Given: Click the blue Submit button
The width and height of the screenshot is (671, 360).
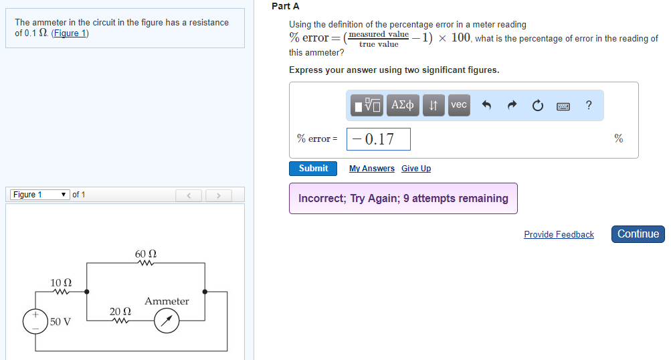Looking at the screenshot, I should tap(313, 169).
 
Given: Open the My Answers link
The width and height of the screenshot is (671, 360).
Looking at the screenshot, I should tap(371, 169).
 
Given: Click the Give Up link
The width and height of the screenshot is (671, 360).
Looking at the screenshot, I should tap(416, 169).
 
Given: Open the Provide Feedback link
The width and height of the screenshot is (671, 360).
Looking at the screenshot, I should tap(559, 234).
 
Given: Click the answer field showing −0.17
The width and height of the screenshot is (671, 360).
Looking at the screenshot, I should tap(379, 139).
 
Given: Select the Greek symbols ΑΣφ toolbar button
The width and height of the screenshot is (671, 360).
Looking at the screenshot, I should tap(402, 105).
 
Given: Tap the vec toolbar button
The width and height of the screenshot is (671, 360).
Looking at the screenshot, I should tap(458, 105).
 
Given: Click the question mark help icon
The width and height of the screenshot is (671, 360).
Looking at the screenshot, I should tap(588, 105).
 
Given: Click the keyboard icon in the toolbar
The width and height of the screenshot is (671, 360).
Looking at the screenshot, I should tap(563, 106).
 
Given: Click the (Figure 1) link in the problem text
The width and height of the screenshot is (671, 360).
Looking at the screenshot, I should tap(70, 33).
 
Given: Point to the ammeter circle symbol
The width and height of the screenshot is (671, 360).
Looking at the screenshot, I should tap(167, 322).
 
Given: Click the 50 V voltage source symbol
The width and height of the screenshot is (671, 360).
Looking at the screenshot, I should tap(35, 322).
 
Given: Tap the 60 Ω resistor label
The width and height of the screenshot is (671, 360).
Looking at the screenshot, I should tap(145, 254).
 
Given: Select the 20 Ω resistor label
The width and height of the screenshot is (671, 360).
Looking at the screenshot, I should tap(120, 312).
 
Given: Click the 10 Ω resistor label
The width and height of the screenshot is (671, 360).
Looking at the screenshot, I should tap(62, 283).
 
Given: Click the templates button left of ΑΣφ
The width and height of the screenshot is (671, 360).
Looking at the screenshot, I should tap(367, 105).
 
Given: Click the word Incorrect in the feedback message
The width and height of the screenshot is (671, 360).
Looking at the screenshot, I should tap(322, 199).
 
